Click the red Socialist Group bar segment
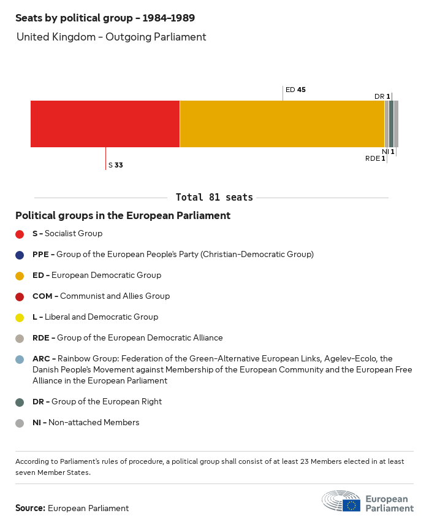(x=105, y=124)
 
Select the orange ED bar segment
(x=282, y=124)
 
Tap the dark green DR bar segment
(x=392, y=124)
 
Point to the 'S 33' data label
(x=116, y=165)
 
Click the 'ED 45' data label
(x=295, y=90)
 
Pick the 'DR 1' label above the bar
(x=382, y=96)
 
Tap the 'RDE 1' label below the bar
(x=375, y=158)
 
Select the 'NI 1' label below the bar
(x=388, y=152)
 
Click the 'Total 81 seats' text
(x=214, y=197)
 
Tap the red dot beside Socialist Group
(x=20, y=234)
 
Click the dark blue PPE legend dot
(x=20, y=255)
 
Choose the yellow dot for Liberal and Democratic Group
(x=20, y=317)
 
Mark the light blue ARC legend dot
(x=20, y=359)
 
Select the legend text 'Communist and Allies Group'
(x=115, y=296)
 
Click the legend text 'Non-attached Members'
(x=94, y=422)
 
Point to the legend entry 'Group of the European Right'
(x=106, y=401)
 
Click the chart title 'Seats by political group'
(x=105, y=18)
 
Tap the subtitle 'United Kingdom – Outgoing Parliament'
(x=111, y=37)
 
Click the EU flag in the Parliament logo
(x=351, y=505)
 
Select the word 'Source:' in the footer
(x=30, y=508)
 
